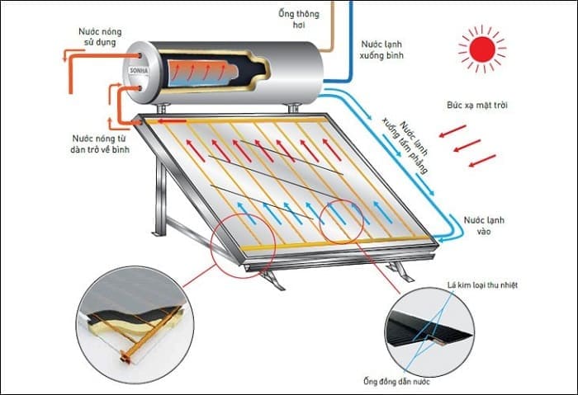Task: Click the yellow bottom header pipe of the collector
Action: pos(330,243)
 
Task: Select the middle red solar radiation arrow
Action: pos(467,145)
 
